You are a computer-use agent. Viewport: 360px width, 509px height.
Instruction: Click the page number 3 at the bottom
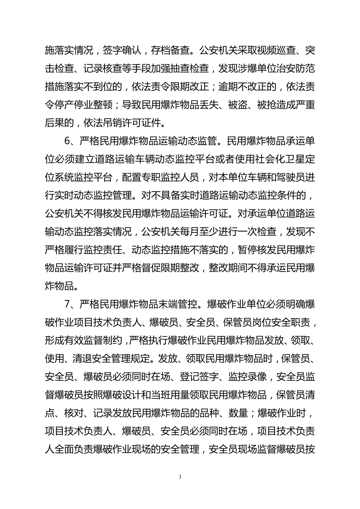(x=180, y=476)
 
